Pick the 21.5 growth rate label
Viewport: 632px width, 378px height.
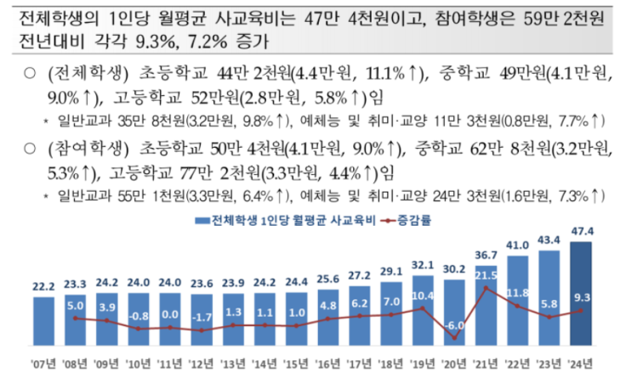click(x=486, y=275)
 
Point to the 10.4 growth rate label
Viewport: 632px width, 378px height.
click(x=422, y=296)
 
